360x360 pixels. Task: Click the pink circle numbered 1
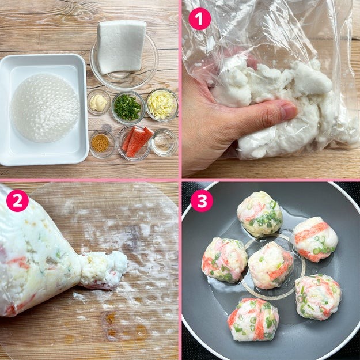tap(199, 18)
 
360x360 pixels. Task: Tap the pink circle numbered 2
tap(17, 200)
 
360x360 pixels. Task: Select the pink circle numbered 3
tap(202, 200)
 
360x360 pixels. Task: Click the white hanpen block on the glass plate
tap(121, 47)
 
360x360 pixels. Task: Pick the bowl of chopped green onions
tap(128, 108)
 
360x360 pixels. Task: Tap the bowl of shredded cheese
tap(162, 105)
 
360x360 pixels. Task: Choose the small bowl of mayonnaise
tap(98, 102)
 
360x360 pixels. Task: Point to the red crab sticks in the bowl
tap(137, 141)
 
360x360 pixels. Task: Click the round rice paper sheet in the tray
tap(46, 108)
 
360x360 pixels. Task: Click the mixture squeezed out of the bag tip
tap(104, 270)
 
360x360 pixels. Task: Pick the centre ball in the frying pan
tap(271, 265)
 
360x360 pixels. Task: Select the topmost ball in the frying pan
tap(260, 214)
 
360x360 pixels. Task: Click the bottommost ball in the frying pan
tap(253, 319)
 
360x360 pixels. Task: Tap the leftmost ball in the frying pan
tap(225, 260)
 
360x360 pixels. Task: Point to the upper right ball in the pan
tap(316, 239)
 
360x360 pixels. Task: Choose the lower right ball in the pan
tap(318, 297)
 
